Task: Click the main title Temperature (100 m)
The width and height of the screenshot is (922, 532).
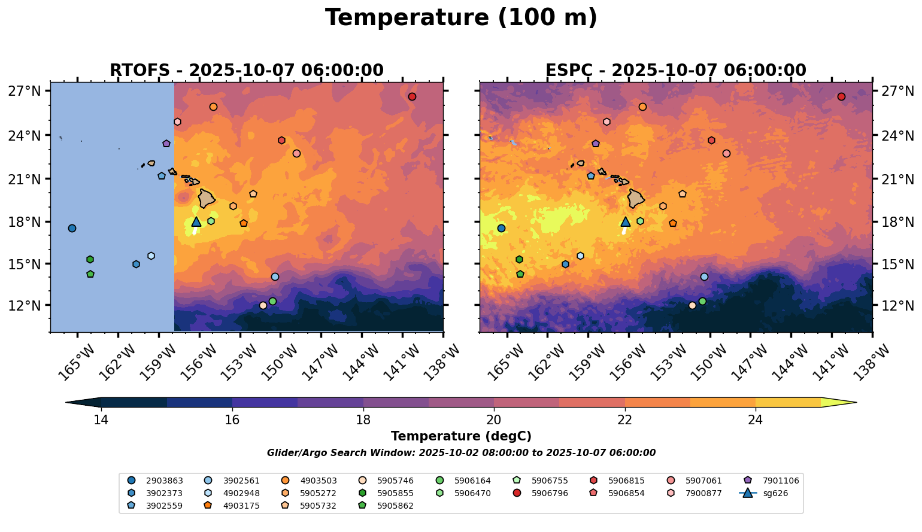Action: tap(461, 18)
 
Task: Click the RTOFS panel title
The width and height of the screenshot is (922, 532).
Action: tap(246, 71)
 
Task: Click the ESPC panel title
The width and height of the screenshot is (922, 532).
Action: tap(675, 71)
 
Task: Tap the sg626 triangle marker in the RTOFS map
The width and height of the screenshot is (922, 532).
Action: tap(196, 221)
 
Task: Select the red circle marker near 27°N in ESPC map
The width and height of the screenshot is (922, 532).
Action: tap(841, 97)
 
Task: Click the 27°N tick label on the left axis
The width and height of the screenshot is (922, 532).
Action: tap(25, 91)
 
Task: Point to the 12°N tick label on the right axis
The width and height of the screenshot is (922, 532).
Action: tap(898, 306)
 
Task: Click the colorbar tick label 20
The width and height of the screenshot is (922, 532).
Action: tap(494, 420)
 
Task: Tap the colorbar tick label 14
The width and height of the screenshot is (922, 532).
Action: tap(101, 420)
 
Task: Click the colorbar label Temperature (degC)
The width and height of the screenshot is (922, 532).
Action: tap(461, 437)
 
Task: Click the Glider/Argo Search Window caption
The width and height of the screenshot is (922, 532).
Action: tap(461, 453)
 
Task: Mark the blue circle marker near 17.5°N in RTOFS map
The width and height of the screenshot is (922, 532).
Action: tap(72, 229)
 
